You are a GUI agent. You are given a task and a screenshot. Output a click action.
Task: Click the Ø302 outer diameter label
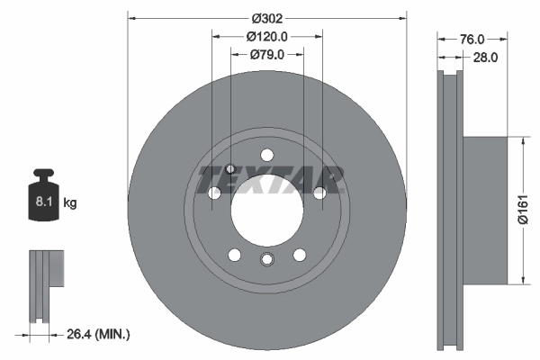(267, 18)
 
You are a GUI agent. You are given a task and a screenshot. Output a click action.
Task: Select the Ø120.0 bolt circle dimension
(267, 37)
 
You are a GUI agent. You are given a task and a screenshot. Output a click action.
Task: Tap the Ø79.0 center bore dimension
(267, 55)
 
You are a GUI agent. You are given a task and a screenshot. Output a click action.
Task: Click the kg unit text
(69, 203)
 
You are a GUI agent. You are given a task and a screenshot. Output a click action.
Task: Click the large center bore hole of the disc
(266, 206)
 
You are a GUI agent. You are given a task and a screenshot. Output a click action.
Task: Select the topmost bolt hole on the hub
(266, 154)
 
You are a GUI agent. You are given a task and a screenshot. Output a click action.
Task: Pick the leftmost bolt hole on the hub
(214, 193)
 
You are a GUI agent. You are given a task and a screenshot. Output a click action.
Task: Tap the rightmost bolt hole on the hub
(319, 193)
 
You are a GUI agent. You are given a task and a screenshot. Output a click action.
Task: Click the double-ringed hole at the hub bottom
(266, 260)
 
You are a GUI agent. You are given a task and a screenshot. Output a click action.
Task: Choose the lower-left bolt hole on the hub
(234, 253)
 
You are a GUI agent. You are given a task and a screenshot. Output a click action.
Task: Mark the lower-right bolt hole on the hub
(299, 253)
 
